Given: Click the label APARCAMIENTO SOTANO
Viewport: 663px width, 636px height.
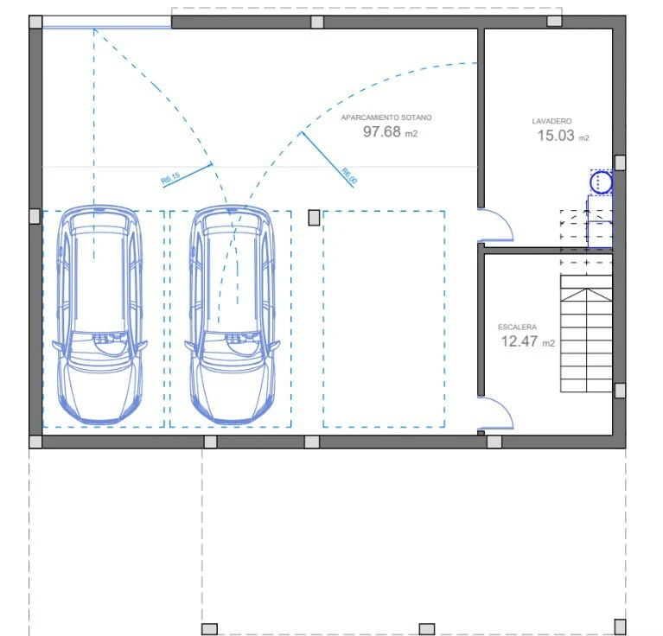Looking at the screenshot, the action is pyautogui.click(x=386, y=118).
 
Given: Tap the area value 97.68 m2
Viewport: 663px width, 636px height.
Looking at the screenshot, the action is pyautogui.click(x=390, y=132).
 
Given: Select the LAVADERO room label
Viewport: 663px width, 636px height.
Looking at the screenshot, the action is pyautogui.click(x=551, y=121).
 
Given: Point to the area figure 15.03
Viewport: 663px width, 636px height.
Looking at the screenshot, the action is pyautogui.click(x=556, y=136).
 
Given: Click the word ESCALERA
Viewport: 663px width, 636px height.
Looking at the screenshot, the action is pyautogui.click(x=517, y=328).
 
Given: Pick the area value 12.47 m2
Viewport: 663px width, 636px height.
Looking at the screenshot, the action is pyautogui.click(x=527, y=341).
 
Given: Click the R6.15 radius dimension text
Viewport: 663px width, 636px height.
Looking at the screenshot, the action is pyautogui.click(x=170, y=178).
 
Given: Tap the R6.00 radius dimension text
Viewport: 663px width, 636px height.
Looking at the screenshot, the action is pyautogui.click(x=349, y=175).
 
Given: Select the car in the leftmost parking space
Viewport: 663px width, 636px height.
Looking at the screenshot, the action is pyautogui.click(x=99, y=315).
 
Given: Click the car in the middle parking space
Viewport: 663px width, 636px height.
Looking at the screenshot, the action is pyautogui.click(x=233, y=315).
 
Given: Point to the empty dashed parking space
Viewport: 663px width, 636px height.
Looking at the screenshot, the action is pyautogui.click(x=384, y=319).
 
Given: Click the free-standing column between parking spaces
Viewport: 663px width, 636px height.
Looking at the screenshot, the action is pyautogui.click(x=314, y=218).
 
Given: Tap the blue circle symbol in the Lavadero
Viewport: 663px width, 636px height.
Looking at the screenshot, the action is pyautogui.click(x=601, y=182).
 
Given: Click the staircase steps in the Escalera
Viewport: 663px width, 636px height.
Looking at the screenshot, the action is pyautogui.click(x=586, y=334).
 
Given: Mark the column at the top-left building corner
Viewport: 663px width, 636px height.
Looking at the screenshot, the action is pyautogui.click(x=35, y=22).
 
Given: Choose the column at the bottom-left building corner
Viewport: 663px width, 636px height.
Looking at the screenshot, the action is pyautogui.click(x=35, y=442).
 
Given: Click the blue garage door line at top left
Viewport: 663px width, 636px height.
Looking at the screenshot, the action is pyautogui.click(x=107, y=28).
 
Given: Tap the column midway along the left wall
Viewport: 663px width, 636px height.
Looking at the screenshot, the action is pyautogui.click(x=35, y=216).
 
